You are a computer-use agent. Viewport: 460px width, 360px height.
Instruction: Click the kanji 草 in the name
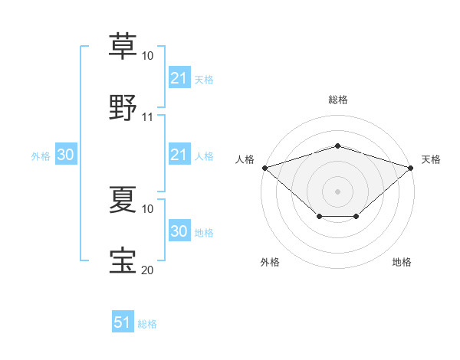(123, 46)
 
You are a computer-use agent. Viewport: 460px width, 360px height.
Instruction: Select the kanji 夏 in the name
(123, 198)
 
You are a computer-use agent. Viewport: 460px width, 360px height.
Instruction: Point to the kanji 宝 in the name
(123, 260)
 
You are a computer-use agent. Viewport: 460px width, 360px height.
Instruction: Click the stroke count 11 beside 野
(148, 117)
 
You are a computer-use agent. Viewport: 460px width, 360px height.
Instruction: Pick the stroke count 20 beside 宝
(148, 270)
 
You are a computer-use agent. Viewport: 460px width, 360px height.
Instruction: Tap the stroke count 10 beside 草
(148, 56)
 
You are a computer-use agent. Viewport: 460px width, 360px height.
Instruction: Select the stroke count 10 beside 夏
(148, 208)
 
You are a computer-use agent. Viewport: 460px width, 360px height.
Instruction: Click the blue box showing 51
(123, 323)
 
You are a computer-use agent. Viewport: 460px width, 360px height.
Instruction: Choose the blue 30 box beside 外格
(65, 155)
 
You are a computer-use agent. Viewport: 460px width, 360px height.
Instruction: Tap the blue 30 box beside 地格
(179, 231)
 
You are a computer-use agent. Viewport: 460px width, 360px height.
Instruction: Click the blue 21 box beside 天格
(179, 78)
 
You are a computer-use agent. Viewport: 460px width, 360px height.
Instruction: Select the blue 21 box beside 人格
(179, 155)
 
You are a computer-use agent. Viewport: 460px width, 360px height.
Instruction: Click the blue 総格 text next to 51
(147, 324)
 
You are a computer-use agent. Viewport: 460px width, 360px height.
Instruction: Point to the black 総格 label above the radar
(338, 100)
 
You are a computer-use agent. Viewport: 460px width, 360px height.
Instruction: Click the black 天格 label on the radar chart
(431, 159)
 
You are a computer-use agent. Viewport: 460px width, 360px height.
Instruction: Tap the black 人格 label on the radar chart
(245, 159)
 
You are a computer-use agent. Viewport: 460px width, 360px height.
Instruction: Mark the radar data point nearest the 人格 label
(264, 168)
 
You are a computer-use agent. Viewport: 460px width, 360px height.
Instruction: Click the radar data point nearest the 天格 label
(411, 168)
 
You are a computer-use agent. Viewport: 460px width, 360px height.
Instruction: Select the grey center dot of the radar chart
(337, 191)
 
